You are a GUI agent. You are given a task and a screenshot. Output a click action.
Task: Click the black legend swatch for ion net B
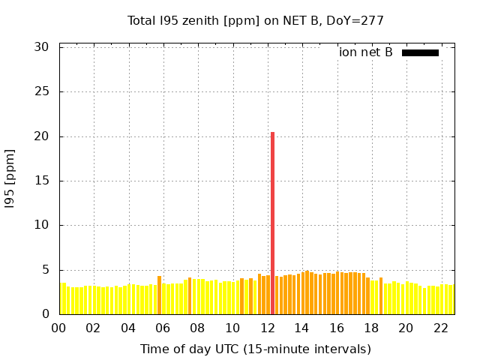[420, 52]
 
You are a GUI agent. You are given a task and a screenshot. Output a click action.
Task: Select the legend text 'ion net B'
[365, 52]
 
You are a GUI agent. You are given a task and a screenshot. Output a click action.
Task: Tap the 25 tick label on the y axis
[41, 91]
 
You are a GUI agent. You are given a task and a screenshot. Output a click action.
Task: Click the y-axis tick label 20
[41, 136]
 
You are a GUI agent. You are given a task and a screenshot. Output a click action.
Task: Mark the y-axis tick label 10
[41, 225]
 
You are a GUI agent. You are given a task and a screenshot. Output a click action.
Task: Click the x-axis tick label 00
[58, 328]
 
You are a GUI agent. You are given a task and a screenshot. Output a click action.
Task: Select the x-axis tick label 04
[128, 328]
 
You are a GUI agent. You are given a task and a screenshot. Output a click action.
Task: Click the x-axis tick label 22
[440, 328]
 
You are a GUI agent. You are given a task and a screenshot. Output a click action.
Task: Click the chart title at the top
[255, 20]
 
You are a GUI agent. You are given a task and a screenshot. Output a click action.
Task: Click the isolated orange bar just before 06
[159, 295]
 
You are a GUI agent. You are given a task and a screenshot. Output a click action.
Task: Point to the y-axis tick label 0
[45, 314]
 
